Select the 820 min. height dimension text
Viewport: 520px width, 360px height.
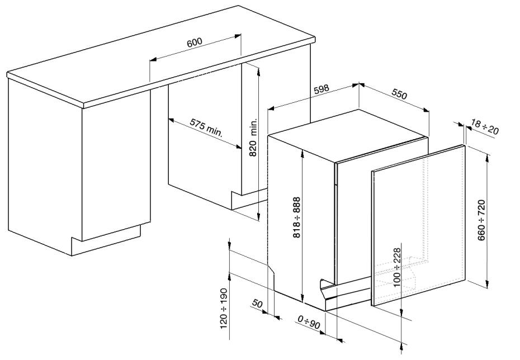pos(253,137)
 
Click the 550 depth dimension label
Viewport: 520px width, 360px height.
pos(399,94)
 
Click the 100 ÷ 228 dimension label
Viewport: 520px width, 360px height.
pos(397,267)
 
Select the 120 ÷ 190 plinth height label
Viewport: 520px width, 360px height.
pos(224,307)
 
